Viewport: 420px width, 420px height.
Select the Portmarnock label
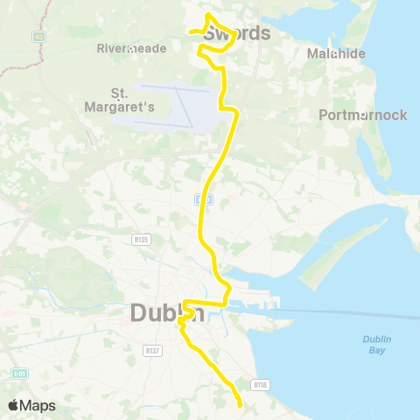[x=363, y=115]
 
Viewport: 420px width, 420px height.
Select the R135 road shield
[x=141, y=238]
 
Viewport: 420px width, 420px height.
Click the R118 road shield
[x=259, y=383]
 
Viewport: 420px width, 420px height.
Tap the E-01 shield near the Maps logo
[x=18, y=374]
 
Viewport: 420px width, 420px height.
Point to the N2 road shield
[x=38, y=37]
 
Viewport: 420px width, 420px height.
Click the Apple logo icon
[x=13, y=405]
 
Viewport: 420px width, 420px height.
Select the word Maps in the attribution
[x=38, y=405]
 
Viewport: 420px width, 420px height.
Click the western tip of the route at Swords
[x=190, y=34]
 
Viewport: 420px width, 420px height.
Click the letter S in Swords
[x=211, y=34]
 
